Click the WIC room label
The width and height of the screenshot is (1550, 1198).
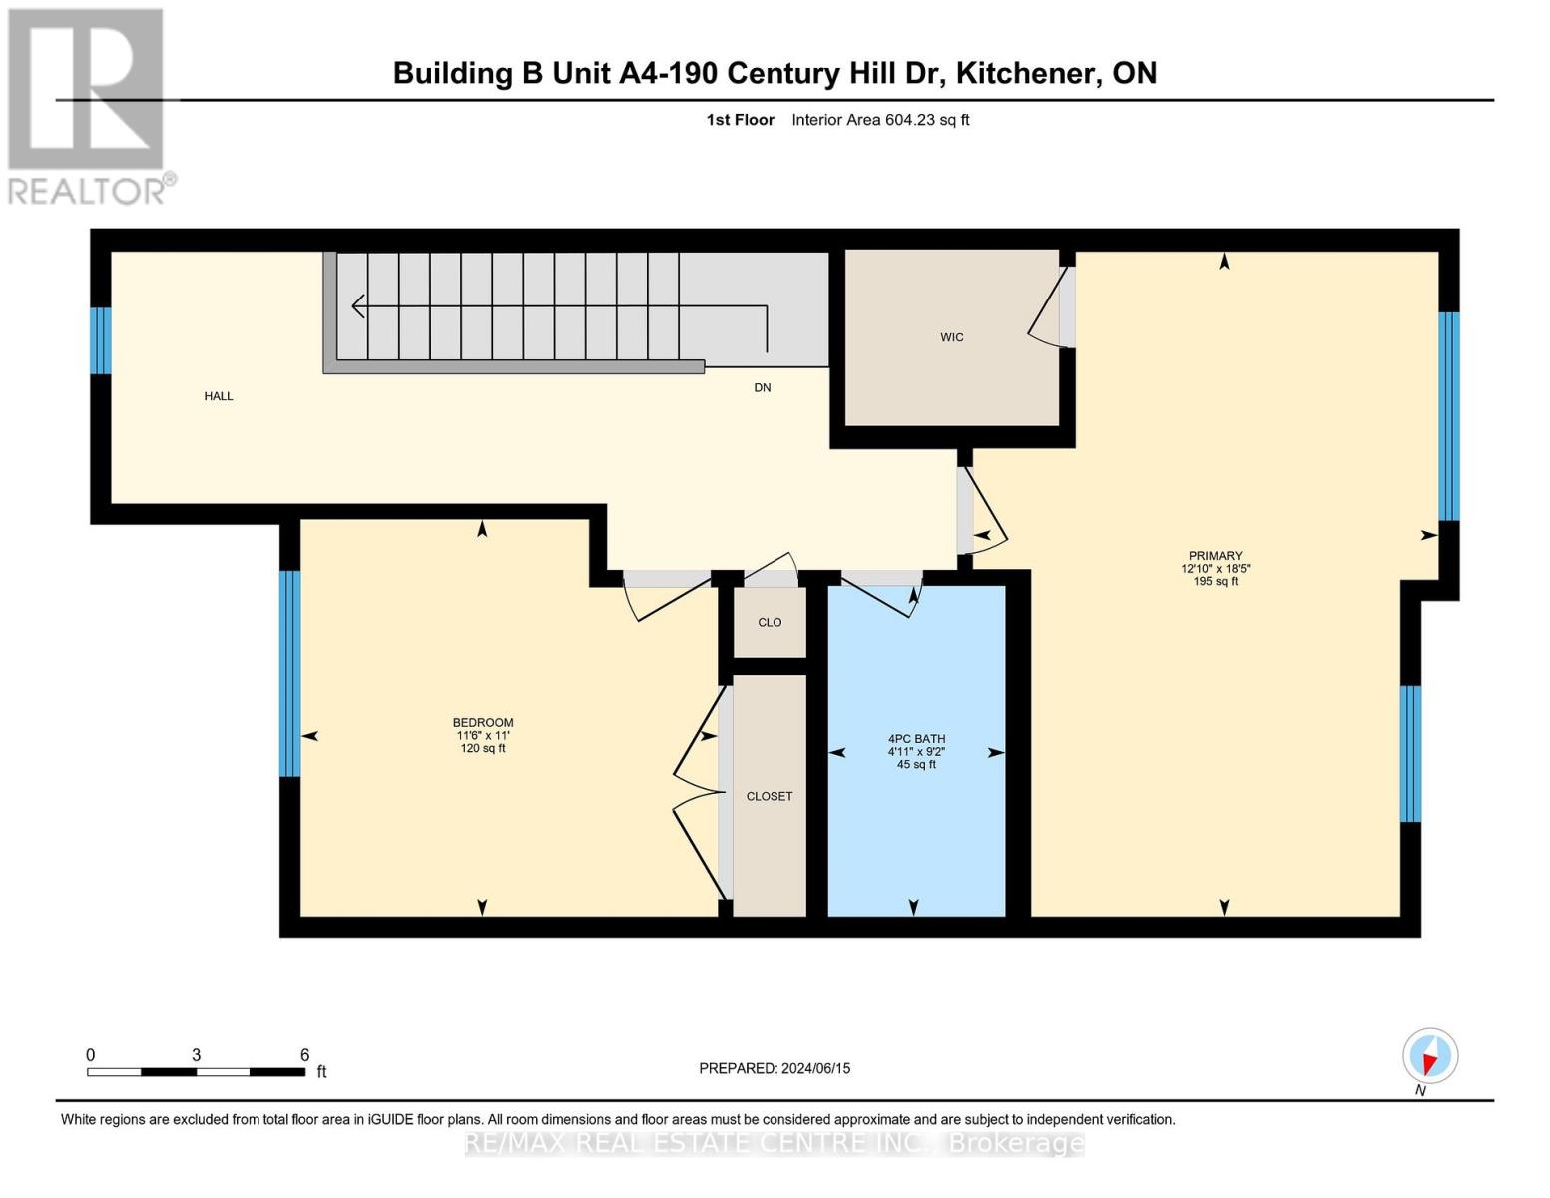pyautogui.click(x=951, y=337)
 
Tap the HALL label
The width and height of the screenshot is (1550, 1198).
pyautogui.click(x=219, y=396)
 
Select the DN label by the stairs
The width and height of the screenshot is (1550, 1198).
pyautogui.click(x=762, y=388)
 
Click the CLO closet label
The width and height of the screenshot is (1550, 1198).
pyautogui.click(x=770, y=622)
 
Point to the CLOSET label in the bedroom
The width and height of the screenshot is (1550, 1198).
pyautogui.click(x=770, y=796)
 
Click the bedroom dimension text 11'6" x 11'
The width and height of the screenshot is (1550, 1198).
pyautogui.click(x=483, y=736)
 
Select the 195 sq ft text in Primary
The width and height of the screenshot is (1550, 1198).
pyautogui.click(x=1215, y=582)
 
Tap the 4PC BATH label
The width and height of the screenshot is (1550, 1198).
pyautogui.click(x=916, y=739)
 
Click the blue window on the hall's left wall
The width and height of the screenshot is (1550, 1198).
pyautogui.click(x=100, y=340)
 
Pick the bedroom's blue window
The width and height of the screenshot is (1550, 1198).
pyautogui.click(x=289, y=673)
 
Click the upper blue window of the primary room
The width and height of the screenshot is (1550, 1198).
pyautogui.click(x=1448, y=416)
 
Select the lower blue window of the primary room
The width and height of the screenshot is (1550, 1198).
pyautogui.click(x=1410, y=753)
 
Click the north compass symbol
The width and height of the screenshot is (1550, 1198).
pyautogui.click(x=1430, y=1056)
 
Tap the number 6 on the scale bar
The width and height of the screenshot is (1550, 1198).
pyautogui.click(x=304, y=1055)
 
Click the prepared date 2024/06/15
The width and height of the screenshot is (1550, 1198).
pyautogui.click(x=815, y=1068)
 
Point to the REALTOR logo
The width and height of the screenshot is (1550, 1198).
pyautogui.click(x=88, y=105)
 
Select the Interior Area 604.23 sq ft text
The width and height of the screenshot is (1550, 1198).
pyautogui.click(x=880, y=120)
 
